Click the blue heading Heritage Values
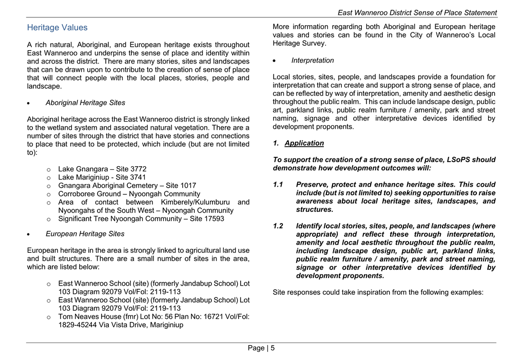click(x=57, y=28)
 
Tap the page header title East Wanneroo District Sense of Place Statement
click(x=417, y=13)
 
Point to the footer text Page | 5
click(x=261, y=348)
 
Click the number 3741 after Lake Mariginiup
click(x=136, y=177)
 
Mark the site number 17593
click(x=214, y=219)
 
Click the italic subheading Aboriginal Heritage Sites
click(x=85, y=103)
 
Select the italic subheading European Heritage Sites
click(x=85, y=234)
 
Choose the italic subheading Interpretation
click(x=313, y=61)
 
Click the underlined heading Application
click(x=304, y=143)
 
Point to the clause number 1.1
click(x=278, y=185)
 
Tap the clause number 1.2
click(x=278, y=226)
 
